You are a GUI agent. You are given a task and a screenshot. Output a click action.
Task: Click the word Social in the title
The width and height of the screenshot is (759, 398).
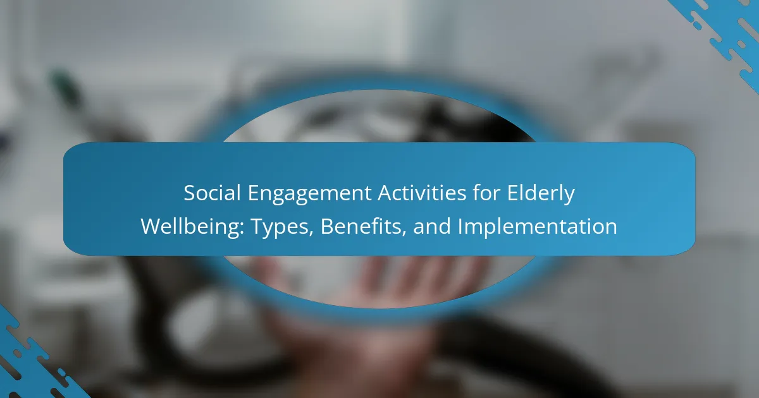click(x=212, y=193)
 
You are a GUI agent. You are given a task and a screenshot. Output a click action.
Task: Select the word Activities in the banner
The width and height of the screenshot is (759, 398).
click(x=422, y=193)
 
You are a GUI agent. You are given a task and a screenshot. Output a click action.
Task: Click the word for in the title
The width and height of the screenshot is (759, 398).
click(x=486, y=193)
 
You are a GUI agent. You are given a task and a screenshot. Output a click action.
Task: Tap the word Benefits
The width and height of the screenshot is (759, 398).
click(x=361, y=226)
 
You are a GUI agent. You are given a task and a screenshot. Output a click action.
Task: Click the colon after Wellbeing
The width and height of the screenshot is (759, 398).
click(x=242, y=229)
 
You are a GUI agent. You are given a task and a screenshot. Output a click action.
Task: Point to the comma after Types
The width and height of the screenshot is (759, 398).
click(x=311, y=234)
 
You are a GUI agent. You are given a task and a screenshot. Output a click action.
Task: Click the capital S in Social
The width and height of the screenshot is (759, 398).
click(x=190, y=193)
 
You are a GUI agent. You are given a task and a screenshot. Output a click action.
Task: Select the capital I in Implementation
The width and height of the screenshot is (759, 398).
click(x=460, y=226)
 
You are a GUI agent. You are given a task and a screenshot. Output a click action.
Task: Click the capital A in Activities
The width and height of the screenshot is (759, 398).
click(x=385, y=193)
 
